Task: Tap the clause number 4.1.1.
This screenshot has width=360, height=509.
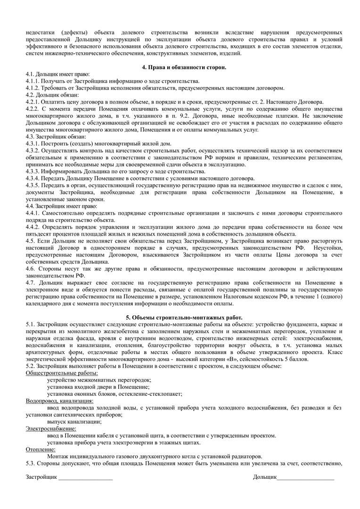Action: coord(33,81)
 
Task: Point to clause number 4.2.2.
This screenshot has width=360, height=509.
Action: coord(33,108)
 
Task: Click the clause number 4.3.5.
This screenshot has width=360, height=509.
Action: coord(33,185)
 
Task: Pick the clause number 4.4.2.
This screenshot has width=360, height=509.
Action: coord(33,227)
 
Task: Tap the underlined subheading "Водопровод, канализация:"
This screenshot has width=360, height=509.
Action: coord(59,401)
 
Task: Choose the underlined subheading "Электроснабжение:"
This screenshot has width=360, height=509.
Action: coord(50,428)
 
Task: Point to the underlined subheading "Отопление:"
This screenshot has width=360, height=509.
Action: coord(40,449)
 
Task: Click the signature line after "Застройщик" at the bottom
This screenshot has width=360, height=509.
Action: coord(85,479)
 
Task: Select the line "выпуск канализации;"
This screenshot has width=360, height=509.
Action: coord(74,422)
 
